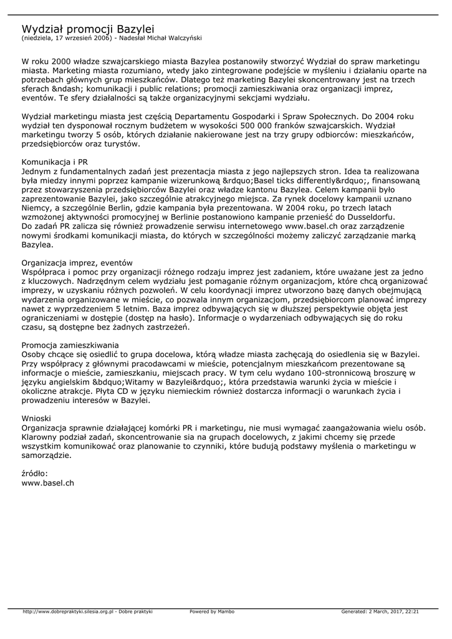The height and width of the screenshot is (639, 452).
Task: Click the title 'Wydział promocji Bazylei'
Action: (x=88, y=29)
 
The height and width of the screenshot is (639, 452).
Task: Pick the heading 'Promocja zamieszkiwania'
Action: (x=70, y=344)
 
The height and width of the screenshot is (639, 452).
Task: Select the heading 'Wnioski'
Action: (x=36, y=417)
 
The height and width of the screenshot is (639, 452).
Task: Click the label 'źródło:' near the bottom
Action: (x=35, y=474)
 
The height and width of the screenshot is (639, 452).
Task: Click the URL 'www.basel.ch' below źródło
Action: (x=48, y=482)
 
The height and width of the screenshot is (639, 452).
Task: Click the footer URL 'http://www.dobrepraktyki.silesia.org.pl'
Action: (x=68, y=612)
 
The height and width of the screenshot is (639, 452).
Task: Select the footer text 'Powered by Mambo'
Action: (x=212, y=612)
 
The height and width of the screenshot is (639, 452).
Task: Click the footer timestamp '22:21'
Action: (x=412, y=612)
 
